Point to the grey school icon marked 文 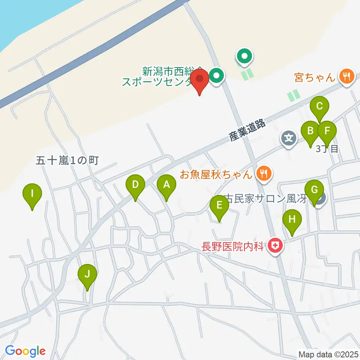click(288, 138)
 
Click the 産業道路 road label click(248, 130)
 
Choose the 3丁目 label click(327, 148)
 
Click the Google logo click(25, 351)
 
